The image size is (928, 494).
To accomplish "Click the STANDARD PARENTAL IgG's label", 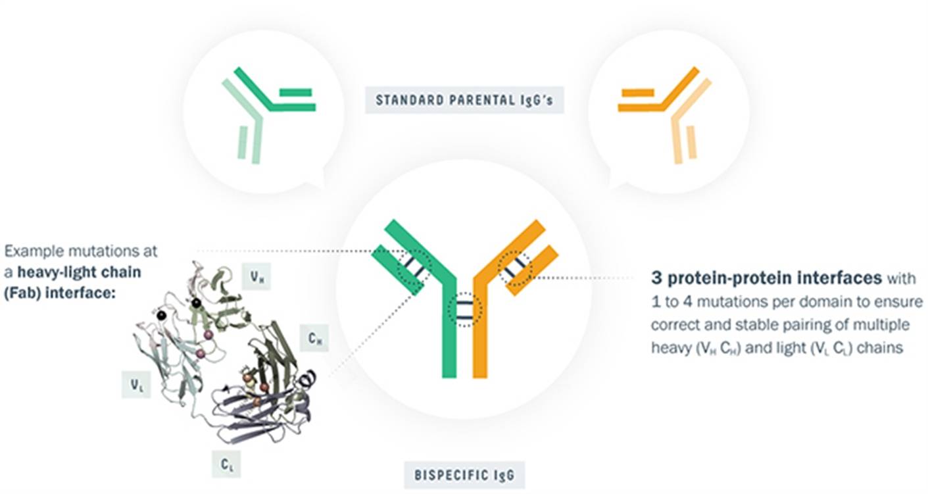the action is pyautogui.click(x=464, y=100).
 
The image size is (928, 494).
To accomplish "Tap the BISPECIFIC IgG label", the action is pyautogui.click(x=464, y=475).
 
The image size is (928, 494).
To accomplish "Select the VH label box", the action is pyautogui.click(x=256, y=276).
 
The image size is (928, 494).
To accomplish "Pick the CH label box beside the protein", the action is pyautogui.click(x=314, y=338).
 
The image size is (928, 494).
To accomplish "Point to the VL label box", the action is pyautogui.click(x=136, y=385).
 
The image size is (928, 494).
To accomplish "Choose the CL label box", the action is pyautogui.click(x=226, y=464).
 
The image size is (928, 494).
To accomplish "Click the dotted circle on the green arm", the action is pyautogui.click(x=415, y=268).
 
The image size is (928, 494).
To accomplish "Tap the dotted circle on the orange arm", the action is pyautogui.click(x=514, y=268).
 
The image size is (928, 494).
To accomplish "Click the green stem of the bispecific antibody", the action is pyautogui.click(x=449, y=332).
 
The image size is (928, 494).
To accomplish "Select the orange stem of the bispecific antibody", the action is pyautogui.click(x=479, y=332).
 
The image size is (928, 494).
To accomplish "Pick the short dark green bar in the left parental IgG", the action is pyautogui.click(x=295, y=92).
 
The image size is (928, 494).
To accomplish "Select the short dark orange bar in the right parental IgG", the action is pyautogui.click(x=636, y=92).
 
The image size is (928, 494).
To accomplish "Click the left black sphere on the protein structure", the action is pyautogui.click(x=162, y=315).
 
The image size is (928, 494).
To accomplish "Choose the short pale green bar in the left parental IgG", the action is pyautogui.click(x=243, y=143).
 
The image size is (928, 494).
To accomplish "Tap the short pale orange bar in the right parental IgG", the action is pyautogui.click(x=691, y=142).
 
